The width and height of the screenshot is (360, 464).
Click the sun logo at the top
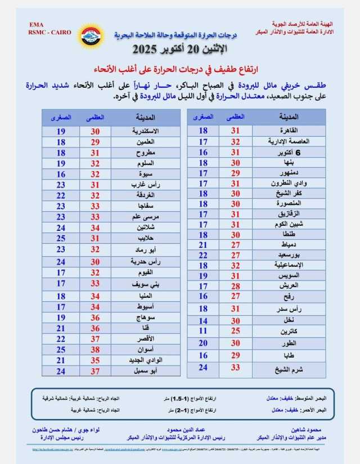91,37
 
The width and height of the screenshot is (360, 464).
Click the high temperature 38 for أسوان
96,350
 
